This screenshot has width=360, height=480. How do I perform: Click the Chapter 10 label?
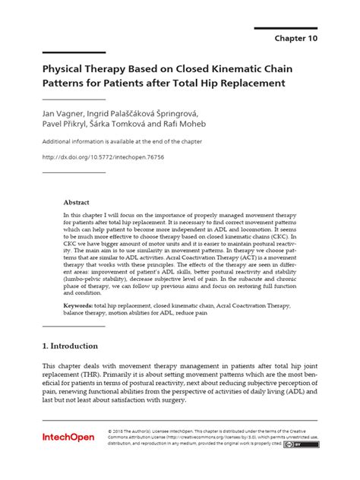[x=297, y=36]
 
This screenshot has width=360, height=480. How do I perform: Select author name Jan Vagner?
[x=63, y=112]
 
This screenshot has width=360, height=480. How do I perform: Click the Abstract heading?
[x=76, y=203]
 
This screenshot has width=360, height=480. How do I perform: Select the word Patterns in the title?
[x=66, y=82]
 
